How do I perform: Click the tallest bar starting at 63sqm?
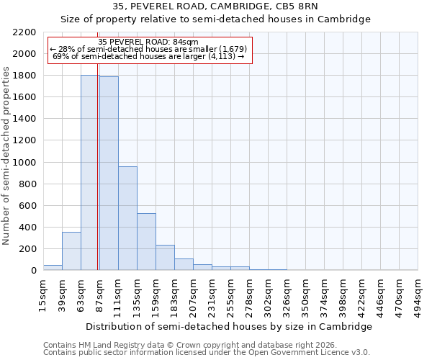tap(90, 173)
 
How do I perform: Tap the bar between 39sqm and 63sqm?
tap(71, 251)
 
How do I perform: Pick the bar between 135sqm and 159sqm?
tap(146, 242)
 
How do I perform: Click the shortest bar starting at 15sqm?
tap(53, 267)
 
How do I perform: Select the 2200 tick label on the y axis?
tap(24, 32)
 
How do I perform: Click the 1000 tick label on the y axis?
tap(24, 163)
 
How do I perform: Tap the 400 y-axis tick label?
tap(27, 228)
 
